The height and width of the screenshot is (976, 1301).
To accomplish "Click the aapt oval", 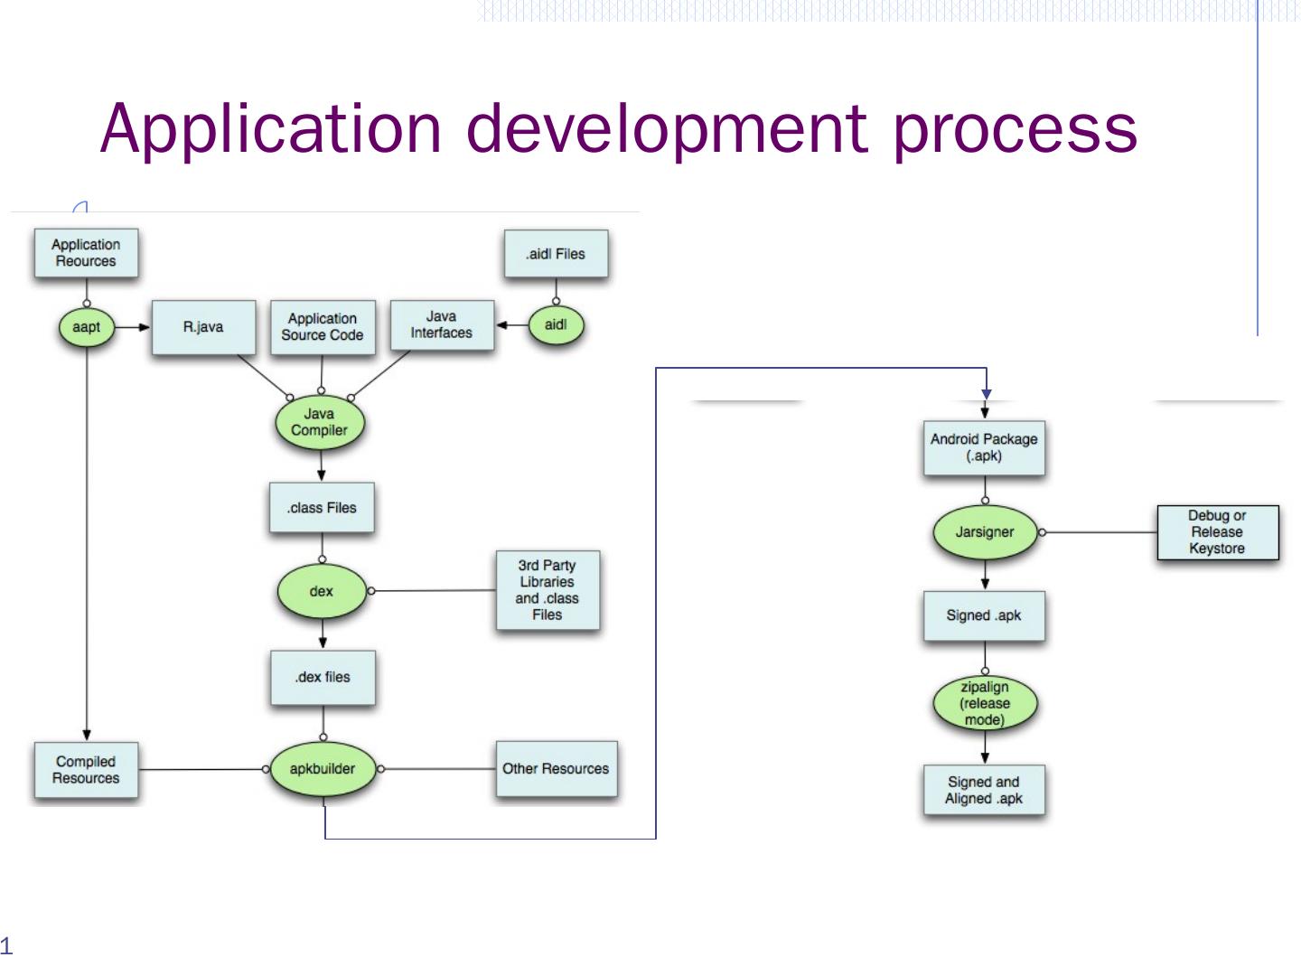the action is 87,326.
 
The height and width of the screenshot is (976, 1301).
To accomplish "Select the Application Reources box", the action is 86,253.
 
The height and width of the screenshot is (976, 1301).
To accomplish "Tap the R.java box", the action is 204,327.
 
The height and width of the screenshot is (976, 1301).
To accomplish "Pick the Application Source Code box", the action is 323,327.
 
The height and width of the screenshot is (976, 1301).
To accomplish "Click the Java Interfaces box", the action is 442,324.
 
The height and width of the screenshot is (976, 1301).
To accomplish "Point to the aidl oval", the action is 556,324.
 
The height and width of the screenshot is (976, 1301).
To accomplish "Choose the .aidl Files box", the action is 556,254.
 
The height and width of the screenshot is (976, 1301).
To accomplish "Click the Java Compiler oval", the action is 320,423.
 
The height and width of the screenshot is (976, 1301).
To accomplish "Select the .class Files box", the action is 322,507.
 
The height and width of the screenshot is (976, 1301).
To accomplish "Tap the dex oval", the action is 322,591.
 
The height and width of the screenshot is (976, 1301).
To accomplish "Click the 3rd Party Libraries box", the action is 548,590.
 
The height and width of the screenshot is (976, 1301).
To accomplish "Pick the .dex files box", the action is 323,678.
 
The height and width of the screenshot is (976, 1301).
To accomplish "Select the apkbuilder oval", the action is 323,768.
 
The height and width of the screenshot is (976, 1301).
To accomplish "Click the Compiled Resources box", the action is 86,770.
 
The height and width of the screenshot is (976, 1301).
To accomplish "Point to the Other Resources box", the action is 557,768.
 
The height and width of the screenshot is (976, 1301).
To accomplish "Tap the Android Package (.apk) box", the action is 984,447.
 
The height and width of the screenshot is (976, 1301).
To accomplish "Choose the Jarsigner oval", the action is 985,532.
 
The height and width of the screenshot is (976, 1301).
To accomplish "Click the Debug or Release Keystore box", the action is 1218,532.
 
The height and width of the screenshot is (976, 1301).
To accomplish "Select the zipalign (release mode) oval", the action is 985,703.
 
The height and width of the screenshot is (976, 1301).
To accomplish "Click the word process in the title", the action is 1015,130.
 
